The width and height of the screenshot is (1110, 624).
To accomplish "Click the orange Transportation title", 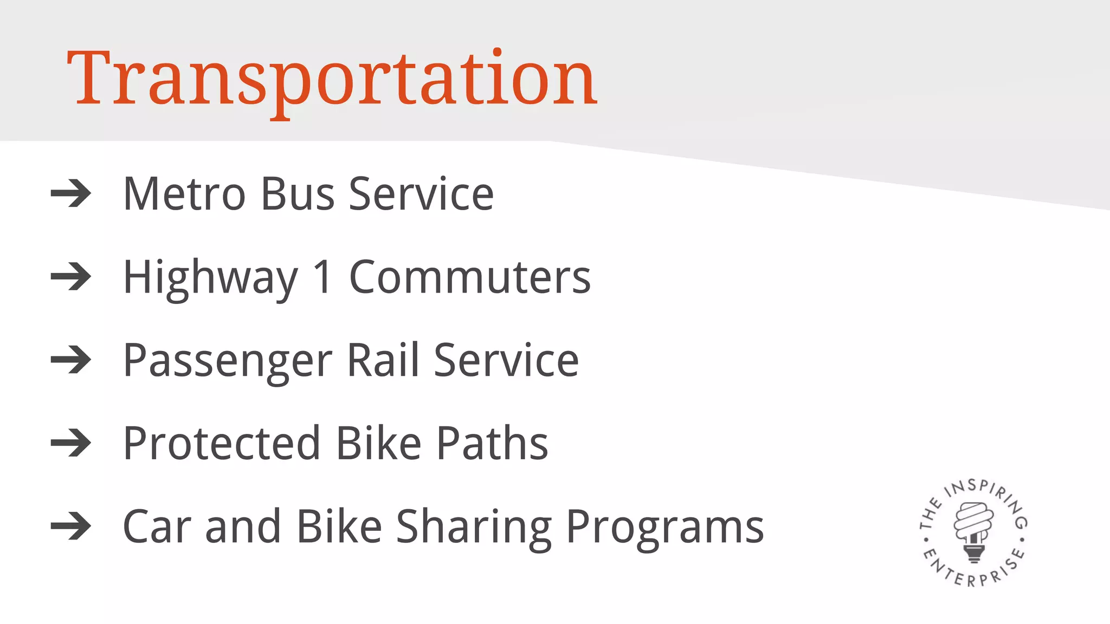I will pos(332,79).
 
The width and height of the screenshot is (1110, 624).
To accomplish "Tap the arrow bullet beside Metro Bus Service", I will pos(71,193).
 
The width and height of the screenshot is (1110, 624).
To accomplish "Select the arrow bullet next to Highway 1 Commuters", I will pos(71,277).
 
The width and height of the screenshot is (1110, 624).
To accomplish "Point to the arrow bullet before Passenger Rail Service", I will pos(71,360).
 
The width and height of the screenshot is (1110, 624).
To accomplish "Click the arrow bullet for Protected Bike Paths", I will pos(71,443).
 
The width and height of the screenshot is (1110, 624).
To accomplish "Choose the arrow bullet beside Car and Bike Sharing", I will pos(71,526).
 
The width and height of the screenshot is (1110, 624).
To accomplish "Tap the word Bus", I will pos(298,194).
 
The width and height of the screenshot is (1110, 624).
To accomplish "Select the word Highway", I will pos(211,278).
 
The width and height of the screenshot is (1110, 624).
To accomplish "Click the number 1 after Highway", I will pos(323,277).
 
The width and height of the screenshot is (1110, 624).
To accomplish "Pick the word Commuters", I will pos(470,277).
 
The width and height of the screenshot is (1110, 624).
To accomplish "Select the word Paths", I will pos(493,443).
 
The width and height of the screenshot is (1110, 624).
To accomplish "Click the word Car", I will pos(157,526).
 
